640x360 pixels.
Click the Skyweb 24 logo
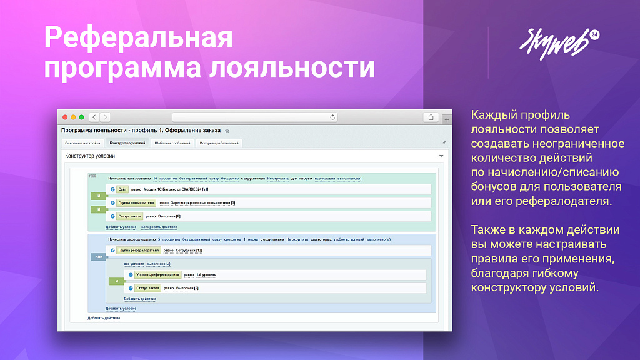coord(558,41)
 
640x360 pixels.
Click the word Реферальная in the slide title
coord(139,37)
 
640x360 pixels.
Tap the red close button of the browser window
coord(64,117)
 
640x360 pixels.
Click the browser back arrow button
coord(94,117)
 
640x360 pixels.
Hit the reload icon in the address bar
coord(332,117)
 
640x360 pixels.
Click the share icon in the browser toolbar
coord(431,117)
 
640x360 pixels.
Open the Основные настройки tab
coord(82,143)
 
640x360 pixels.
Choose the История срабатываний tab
coord(219,143)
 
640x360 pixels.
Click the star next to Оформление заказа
coord(227,131)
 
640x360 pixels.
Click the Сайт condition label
coord(122,189)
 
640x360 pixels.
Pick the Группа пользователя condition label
coord(136,203)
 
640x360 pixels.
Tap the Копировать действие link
coord(159,227)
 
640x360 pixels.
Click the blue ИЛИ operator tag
coord(98,257)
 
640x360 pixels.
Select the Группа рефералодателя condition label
coord(138,251)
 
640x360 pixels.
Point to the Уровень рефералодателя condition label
coord(157,274)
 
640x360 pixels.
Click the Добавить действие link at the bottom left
coord(104,318)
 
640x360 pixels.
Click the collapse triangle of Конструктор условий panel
coord(441,156)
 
